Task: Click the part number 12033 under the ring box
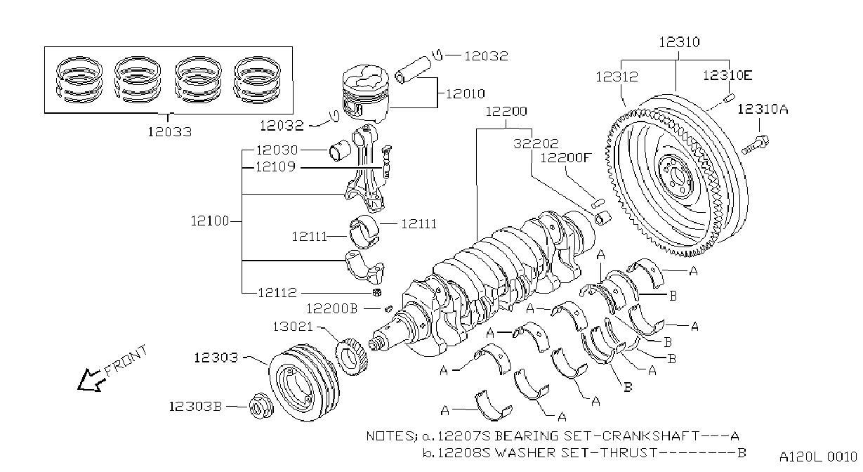click(169, 132)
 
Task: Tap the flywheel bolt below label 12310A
click(755, 145)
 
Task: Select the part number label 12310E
click(727, 75)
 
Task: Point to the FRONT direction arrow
click(91, 380)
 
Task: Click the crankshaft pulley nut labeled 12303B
click(261, 405)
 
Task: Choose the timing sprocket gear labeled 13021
click(351, 356)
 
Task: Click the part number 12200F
click(565, 157)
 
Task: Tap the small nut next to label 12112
click(377, 292)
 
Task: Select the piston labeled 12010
click(365, 94)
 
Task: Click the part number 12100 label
click(210, 221)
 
